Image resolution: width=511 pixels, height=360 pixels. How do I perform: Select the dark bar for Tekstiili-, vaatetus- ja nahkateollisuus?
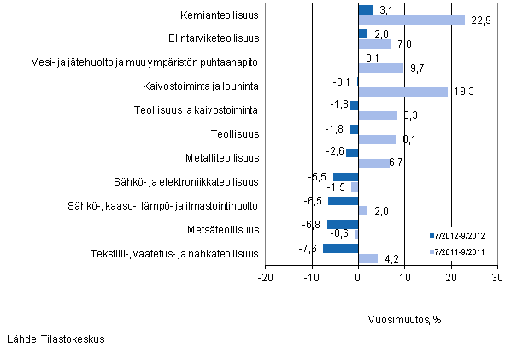coord(340,249)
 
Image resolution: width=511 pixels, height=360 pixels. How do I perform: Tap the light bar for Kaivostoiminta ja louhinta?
coord(402,91)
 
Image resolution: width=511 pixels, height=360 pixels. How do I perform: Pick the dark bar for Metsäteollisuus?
coord(343,225)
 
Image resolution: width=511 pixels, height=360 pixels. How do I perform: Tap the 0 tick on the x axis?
coord(359,278)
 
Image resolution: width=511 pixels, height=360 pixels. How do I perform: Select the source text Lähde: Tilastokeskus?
coord(56,339)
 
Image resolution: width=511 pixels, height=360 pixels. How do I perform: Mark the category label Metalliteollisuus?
coord(221,158)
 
